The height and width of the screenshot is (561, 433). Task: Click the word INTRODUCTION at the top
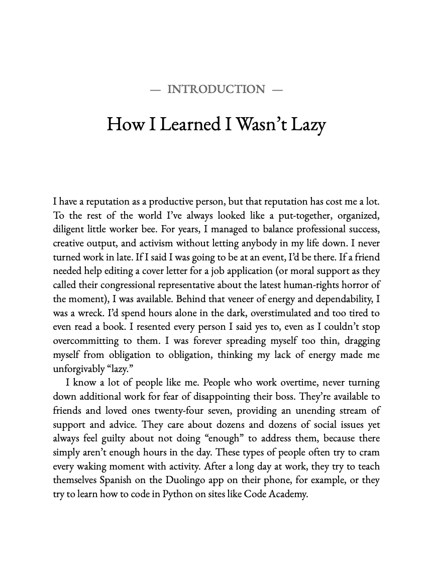click(x=216, y=89)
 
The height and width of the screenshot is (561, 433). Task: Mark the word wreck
click(x=87, y=313)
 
